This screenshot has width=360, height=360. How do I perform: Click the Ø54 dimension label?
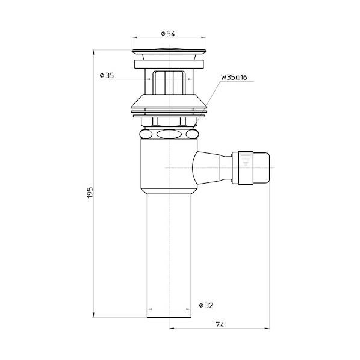coord(168,34)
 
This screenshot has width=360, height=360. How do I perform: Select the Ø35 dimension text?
coord(107,75)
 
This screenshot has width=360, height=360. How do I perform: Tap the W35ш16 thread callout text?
coord(234,78)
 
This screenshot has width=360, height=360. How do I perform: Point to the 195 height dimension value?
coord(90,193)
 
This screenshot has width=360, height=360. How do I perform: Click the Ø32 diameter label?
coord(206,305)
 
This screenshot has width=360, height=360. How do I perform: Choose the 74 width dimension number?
coord(220,324)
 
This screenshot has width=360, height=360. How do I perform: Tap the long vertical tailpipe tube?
coord(169,255)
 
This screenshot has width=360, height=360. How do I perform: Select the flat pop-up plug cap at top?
coord(169,51)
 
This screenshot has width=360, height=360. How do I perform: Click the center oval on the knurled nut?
coord(169,134)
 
